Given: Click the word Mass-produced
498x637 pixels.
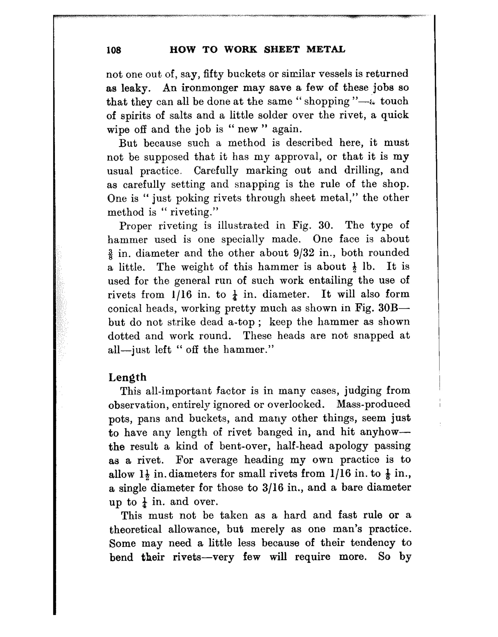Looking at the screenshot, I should pos(373,404).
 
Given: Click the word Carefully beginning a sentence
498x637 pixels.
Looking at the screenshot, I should pos(216,170).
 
